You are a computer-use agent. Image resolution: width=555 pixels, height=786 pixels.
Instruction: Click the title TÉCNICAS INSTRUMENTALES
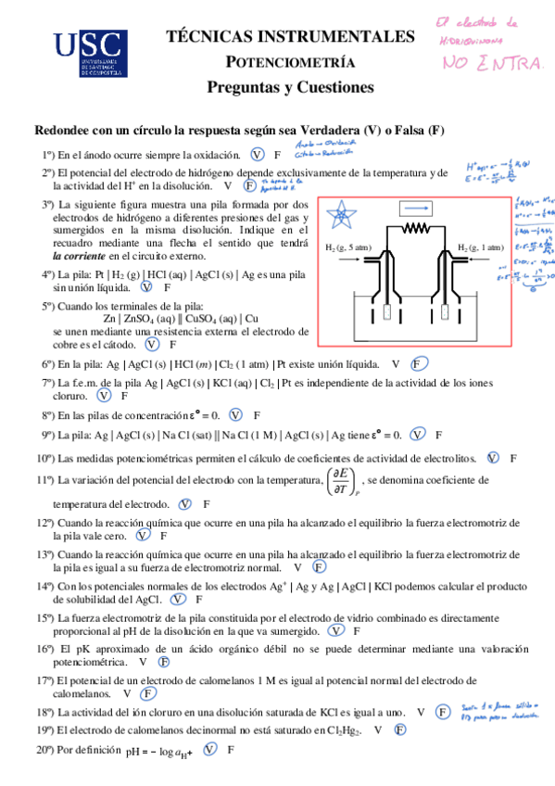(290, 37)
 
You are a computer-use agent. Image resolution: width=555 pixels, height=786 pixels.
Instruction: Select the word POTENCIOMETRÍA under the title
(291, 63)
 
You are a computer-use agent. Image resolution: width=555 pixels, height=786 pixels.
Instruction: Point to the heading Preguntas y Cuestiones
(290, 88)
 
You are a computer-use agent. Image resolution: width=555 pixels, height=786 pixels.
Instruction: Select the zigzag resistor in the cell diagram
(418, 228)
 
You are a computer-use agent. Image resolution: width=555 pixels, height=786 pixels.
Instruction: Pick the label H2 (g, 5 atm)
(349, 247)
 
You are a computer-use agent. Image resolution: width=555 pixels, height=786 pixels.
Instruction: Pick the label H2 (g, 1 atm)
(480, 247)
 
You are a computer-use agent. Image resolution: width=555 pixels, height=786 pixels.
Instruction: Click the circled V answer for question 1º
(258, 155)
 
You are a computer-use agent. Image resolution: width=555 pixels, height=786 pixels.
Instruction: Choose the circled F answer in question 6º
(418, 364)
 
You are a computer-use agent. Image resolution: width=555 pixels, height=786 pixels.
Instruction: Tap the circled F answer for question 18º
(443, 712)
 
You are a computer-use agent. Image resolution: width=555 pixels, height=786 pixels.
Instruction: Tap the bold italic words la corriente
(79, 255)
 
